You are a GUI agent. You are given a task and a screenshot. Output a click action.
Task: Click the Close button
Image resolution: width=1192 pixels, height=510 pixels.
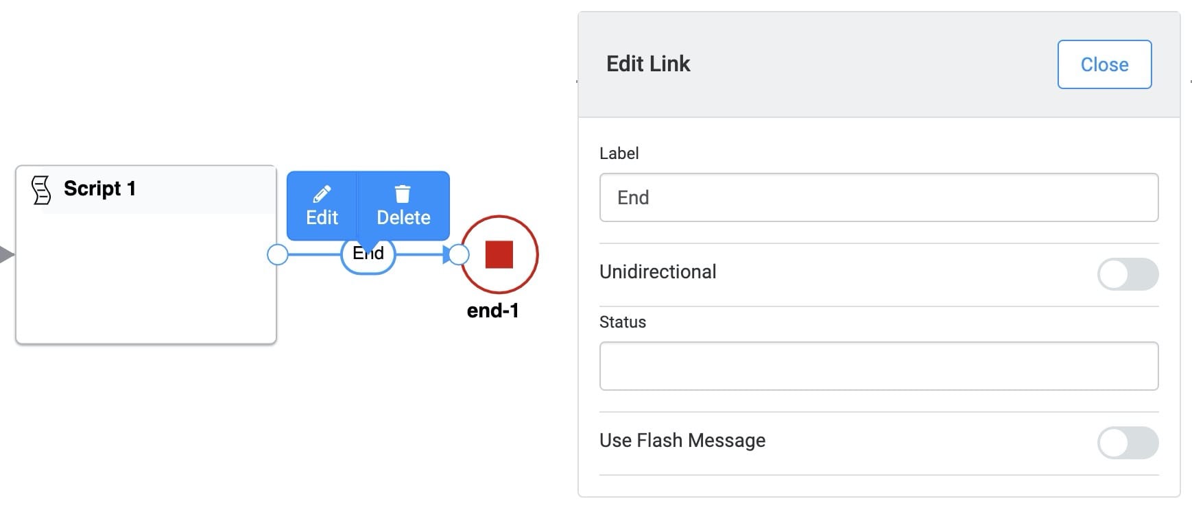[x=1104, y=64]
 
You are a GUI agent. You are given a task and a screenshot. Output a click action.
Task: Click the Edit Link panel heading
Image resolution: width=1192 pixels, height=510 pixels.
[x=648, y=64]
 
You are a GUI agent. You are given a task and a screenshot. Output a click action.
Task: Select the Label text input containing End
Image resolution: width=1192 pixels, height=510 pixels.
[x=879, y=197]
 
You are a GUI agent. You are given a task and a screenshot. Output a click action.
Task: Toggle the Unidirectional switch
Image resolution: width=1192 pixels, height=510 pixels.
[x=1128, y=274]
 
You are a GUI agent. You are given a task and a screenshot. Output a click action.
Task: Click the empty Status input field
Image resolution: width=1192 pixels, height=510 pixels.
[x=879, y=366]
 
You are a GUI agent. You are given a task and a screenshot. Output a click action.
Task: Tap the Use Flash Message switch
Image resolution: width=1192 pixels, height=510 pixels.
[x=1128, y=443]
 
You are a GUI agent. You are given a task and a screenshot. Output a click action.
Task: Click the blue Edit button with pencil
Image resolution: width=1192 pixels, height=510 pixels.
[x=322, y=206]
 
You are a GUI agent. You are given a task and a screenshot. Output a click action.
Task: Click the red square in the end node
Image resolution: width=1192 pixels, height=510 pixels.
[x=499, y=254]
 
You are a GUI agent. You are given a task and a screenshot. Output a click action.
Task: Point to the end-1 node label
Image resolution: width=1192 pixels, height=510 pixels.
[x=492, y=311]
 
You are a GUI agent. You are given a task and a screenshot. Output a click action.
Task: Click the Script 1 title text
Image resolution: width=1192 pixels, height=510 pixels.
[x=99, y=189]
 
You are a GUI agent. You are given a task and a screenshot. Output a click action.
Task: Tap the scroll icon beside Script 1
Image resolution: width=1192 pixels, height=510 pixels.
[x=41, y=190]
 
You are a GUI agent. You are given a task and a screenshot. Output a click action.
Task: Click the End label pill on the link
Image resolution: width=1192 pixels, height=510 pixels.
[x=368, y=255]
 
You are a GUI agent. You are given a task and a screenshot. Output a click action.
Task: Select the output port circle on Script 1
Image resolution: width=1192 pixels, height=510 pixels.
[x=277, y=255]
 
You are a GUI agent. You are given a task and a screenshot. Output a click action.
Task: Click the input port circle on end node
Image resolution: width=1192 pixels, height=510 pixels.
[x=459, y=255]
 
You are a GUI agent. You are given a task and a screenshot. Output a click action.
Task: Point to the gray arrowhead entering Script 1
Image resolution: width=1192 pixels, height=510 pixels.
[x=6, y=255]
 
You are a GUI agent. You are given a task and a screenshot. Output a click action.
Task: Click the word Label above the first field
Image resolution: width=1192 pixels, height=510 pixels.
[x=619, y=154]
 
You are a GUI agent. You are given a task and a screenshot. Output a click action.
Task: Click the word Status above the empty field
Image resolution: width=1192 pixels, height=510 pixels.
[x=623, y=322]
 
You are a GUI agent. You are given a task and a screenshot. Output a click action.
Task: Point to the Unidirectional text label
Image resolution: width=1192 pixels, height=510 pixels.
[x=658, y=271]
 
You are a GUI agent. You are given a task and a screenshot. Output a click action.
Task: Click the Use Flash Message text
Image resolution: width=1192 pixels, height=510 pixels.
[x=682, y=440]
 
